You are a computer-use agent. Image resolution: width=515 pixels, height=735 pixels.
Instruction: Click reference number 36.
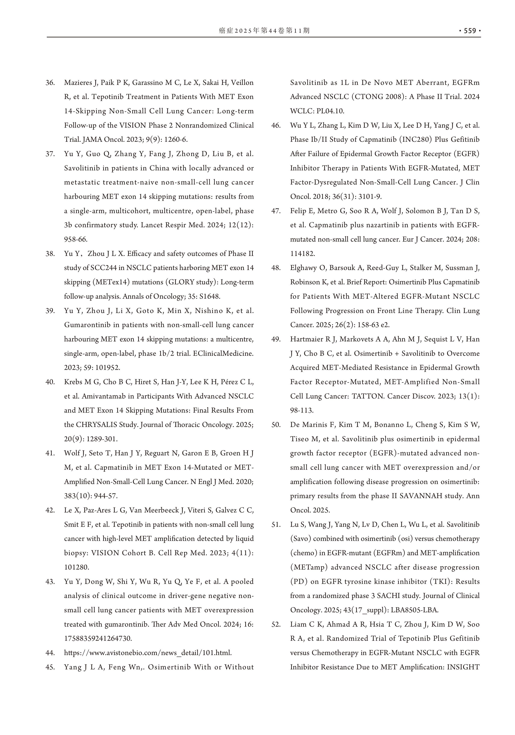(x=50, y=83)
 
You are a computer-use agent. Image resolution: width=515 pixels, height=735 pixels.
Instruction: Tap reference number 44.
(x=50, y=653)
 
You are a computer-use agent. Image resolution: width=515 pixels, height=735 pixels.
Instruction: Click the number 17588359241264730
(x=98, y=638)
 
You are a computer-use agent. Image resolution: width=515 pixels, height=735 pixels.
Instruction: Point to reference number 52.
(x=276, y=624)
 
